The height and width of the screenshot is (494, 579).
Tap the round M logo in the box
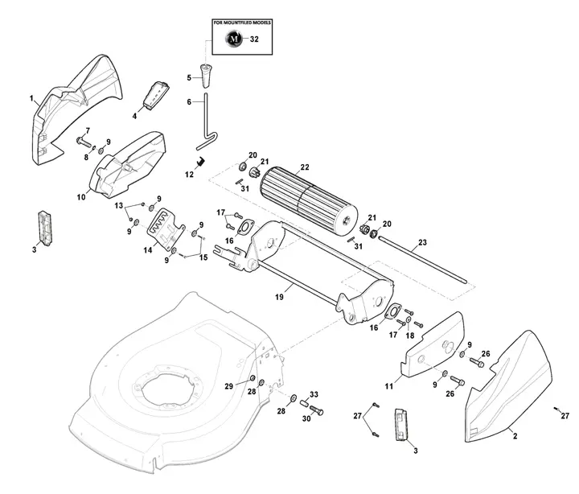pyautogui.click(x=234, y=38)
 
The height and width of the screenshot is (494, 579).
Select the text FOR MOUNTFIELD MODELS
pyautogui.click(x=242, y=24)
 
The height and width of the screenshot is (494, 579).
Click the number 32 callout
pyautogui.click(x=255, y=38)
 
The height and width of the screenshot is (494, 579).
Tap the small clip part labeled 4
pyautogui.click(x=156, y=94)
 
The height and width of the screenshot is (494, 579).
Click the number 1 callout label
pyautogui.click(x=31, y=99)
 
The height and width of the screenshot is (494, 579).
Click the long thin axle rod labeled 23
pyautogui.click(x=426, y=257)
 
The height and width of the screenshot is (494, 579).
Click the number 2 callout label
pyautogui.click(x=514, y=435)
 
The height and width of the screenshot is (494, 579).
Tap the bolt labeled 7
pyautogui.click(x=84, y=142)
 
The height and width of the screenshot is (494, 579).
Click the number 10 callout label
pyautogui.click(x=81, y=196)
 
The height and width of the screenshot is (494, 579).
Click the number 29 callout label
pyautogui.click(x=229, y=387)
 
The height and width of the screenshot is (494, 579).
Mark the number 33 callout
pyautogui.click(x=314, y=394)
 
